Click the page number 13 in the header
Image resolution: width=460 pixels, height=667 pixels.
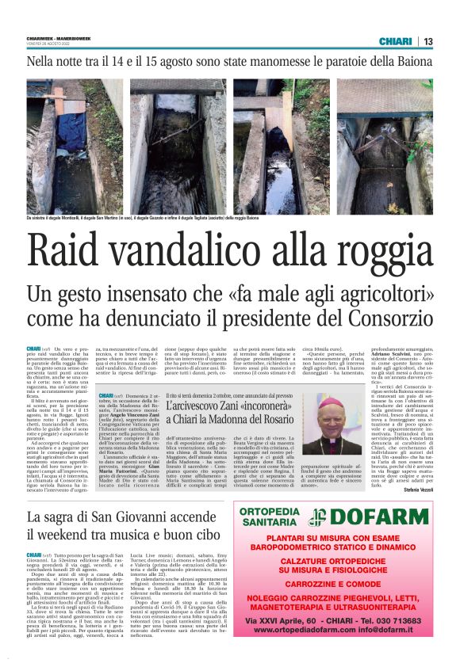tap(427, 41)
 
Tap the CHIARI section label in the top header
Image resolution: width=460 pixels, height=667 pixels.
tap(395, 41)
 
